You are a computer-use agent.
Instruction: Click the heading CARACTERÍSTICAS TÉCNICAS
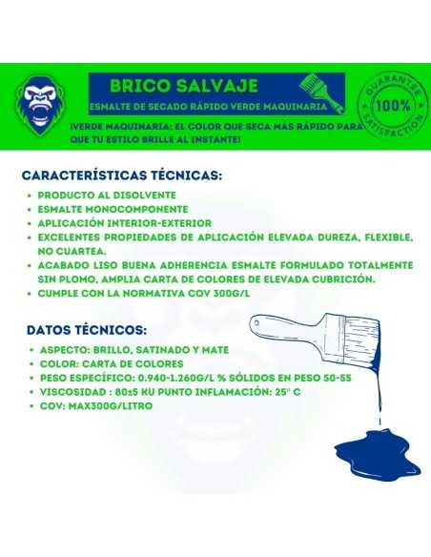[x=134, y=175]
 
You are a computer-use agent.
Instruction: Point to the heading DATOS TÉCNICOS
[x=87, y=330]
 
